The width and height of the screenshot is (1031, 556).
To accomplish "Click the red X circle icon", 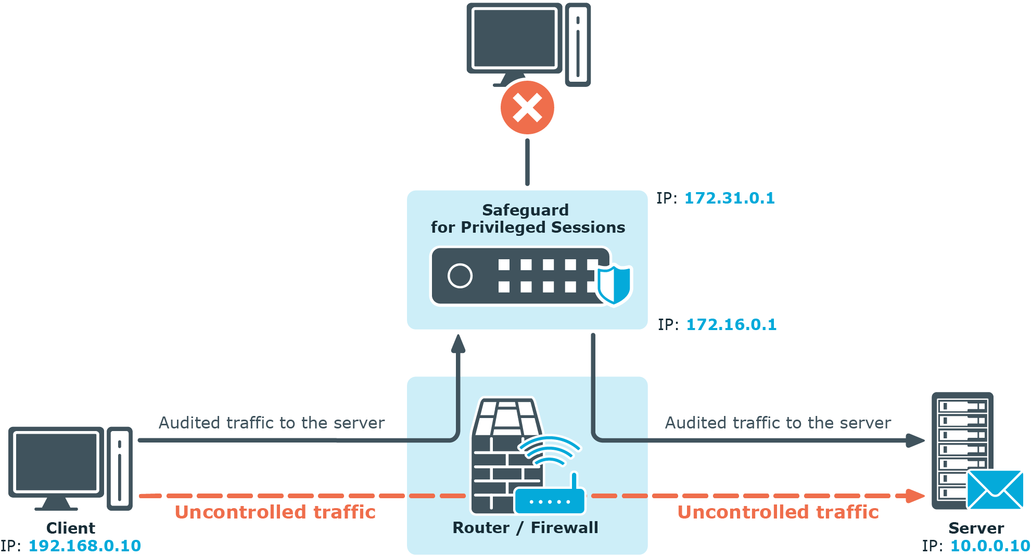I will pyautogui.click(x=527, y=108).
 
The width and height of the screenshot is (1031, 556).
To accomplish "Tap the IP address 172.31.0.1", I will pyautogui.click(x=729, y=198).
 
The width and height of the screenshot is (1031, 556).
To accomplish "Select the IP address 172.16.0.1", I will pyautogui.click(x=731, y=325).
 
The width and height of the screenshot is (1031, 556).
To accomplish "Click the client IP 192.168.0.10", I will pyautogui.click(x=84, y=546).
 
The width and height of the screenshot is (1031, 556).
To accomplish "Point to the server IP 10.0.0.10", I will pyautogui.click(x=990, y=546).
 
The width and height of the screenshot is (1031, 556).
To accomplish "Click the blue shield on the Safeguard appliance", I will pyautogui.click(x=614, y=284).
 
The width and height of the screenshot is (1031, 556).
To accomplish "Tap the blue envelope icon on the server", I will pyautogui.click(x=995, y=489).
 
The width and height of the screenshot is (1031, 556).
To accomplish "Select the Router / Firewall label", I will pyautogui.click(x=525, y=528).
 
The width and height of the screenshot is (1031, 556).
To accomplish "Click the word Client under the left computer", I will pyautogui.click(x=71, y=528).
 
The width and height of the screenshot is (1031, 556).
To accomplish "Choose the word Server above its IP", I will pyautogui.click(x=976, y=528).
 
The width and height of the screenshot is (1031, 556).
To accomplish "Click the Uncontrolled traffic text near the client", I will pyautogui.click(x=275, y=512).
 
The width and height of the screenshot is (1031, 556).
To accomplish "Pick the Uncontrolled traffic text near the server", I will pyautogui.click(x=778, y=512).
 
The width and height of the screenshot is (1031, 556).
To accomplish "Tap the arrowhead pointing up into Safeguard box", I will pyautogui.click(x=458, y=344).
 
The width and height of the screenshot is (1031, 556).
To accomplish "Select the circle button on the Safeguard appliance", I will pyautogui.click(x=460, y=276).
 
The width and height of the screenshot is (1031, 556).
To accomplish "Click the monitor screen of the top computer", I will pyautogui.click(x=514, y=38).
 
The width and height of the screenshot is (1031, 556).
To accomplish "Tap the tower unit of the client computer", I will pyautogui.click(x=120, y=468).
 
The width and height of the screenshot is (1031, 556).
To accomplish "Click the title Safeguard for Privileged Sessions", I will pyautogui.click(x=527, y=219).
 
